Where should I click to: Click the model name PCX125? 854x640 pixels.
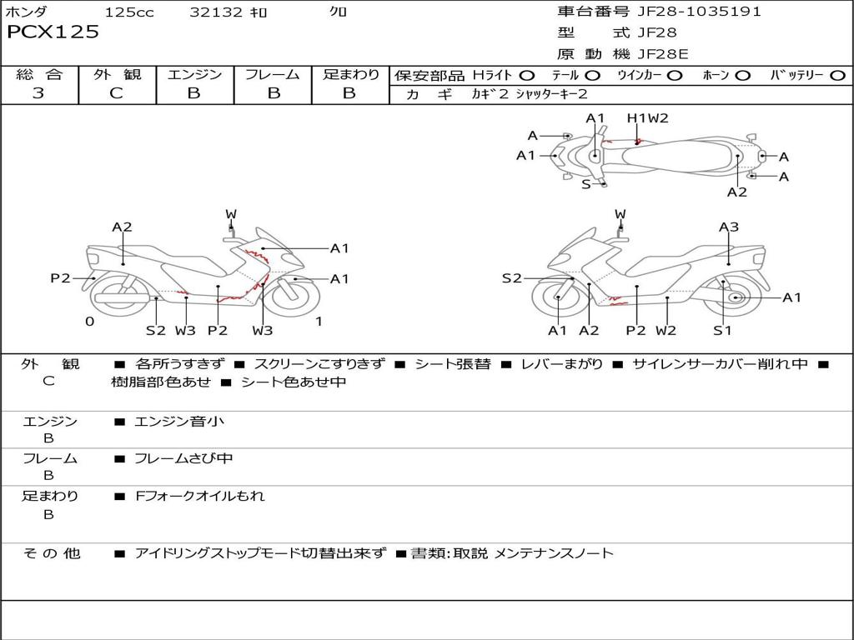tap(53, 32)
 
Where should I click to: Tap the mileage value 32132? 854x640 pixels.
tap(215, 12)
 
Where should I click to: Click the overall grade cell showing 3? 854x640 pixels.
tap(38, 93)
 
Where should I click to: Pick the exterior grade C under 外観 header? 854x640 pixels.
tap(116, 93)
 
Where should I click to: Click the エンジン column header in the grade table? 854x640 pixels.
tap(194, 74)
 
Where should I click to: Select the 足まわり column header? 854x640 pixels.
tap(350, 74)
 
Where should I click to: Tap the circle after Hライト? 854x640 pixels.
tap(527, 75)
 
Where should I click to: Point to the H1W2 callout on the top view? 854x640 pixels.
tap(648, 118)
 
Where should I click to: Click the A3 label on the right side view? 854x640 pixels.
tap(729, 227)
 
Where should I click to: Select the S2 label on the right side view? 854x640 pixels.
tap(511, 278)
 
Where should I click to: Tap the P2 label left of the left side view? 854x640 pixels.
tap(60, 278)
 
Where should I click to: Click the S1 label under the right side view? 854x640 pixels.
tap(722, 330)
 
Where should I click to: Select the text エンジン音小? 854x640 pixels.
tap(179, 422)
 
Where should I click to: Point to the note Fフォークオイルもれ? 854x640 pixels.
tap(200, 496)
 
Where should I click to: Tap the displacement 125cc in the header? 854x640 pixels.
tap(129, 12)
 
